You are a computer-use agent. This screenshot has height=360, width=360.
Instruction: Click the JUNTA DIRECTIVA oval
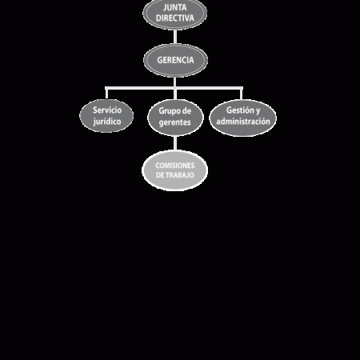(175, 14)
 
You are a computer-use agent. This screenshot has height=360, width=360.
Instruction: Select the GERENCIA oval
(175, 61)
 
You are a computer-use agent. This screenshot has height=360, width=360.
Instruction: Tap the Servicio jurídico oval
(106, 116)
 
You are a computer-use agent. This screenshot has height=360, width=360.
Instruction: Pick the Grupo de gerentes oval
(175, 118)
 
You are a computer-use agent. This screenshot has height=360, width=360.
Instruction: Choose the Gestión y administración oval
(243, 118)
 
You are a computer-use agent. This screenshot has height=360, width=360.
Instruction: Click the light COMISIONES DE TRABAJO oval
(175, 170)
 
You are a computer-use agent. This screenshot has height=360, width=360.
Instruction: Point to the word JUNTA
(175, 7)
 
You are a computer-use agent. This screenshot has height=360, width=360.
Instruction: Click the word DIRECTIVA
(175, 18)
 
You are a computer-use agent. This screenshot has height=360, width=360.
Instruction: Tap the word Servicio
(107, 110)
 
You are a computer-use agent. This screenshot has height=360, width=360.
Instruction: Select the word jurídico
(107, 122)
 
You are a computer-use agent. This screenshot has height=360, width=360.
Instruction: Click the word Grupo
(168, 111)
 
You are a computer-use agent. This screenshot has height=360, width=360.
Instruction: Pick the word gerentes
(175, 122)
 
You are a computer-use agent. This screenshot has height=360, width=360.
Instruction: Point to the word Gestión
(239, 110)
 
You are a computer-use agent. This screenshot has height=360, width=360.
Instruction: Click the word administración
(243, 122)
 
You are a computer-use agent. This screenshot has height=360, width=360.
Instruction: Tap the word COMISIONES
(175, 166)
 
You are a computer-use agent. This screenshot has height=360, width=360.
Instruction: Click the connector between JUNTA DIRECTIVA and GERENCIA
(175, 37)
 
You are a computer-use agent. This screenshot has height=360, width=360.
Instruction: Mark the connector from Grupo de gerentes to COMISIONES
(175, 143)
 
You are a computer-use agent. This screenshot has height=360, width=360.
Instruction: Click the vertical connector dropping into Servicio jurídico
(106, 94)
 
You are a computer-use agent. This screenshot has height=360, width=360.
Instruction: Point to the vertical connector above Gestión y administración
(242, 94)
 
